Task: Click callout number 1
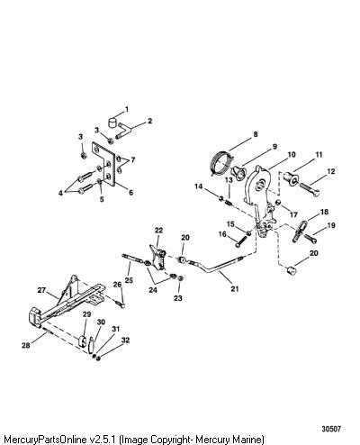[x=127, y=109]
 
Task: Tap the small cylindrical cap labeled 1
[x=112, y=123]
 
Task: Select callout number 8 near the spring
[x=256, y=134]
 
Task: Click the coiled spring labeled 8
[x=222, y=162]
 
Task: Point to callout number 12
[x=331, y=171]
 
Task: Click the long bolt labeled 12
[x=309, y=189]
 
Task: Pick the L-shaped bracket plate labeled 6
[x=103, y=164]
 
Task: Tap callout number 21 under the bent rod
[x=235, y=288]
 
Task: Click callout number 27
[x=41, y=290]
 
